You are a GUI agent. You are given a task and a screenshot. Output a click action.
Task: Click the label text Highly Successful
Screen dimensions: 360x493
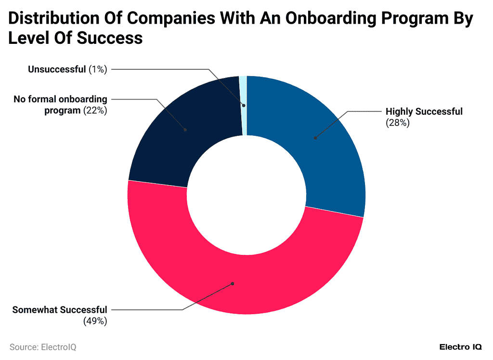[x=424, y=112]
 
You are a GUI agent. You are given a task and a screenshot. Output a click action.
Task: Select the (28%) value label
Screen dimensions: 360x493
[x=397, y=123]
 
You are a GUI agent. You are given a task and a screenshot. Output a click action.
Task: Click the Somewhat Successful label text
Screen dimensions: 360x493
[x=60, y=309]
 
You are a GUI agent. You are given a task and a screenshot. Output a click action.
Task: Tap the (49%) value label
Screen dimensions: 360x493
[x=95, y=320]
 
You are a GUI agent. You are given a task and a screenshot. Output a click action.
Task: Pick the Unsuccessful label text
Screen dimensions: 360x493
[x=56, y=69]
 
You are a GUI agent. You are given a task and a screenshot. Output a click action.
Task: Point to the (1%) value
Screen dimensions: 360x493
[x=98, y=69]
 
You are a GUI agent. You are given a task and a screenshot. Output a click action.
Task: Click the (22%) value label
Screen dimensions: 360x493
[x=95, y=110]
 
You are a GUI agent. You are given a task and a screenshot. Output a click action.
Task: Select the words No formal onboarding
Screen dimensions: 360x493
[x=60, y=99]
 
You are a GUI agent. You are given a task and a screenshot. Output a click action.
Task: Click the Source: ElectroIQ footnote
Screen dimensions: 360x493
[x=43, y=347]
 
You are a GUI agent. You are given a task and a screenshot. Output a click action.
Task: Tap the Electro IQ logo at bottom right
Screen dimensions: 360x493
[x=461, y=347]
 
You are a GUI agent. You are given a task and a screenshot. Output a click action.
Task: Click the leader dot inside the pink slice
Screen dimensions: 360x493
[x=233, y=283]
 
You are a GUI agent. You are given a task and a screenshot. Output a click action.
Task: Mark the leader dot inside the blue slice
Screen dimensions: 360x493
[x=315, y=138]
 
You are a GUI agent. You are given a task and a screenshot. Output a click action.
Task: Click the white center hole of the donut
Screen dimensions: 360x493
[x=246, y=195]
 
